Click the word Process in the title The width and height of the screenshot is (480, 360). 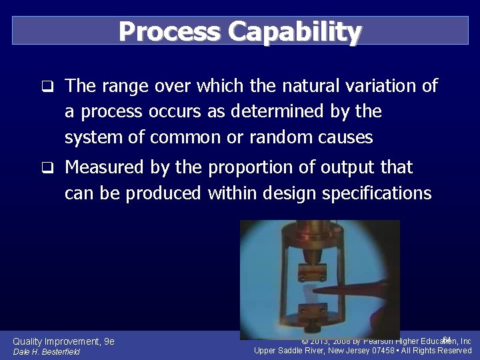point(169,31)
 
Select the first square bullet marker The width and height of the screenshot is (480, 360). point(46,87)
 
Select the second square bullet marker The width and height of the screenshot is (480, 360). point(46,168)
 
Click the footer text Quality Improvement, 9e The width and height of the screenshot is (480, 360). point(63,341)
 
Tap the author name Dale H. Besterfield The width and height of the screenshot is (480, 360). point(46,352)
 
